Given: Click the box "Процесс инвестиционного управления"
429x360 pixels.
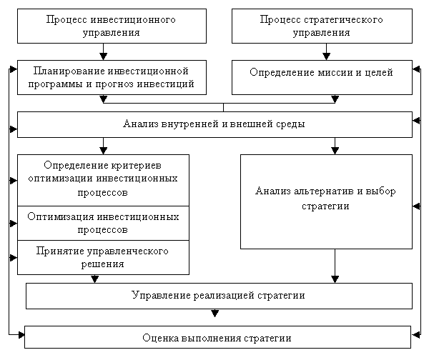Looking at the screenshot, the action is point(112,26).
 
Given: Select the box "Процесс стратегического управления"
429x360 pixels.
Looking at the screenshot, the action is point(322,26).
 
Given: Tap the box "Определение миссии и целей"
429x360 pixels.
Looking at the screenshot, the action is point(322,77).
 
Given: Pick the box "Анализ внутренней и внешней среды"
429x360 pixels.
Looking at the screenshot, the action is point(214,124).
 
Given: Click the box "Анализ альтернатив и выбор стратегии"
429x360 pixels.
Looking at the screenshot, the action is point(327,201).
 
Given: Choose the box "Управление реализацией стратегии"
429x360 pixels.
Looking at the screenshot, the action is point(220,296).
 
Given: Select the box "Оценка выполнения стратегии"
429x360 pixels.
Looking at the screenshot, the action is point(218,337).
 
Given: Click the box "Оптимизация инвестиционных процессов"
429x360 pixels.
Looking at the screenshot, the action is point(103,224).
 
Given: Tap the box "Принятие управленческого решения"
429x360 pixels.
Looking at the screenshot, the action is point(103,257).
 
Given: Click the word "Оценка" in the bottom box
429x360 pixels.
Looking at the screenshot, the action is point(159,338).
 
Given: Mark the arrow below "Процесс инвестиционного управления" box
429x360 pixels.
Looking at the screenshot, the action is point(103,51).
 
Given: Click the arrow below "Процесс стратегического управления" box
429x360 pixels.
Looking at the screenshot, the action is point(327,51).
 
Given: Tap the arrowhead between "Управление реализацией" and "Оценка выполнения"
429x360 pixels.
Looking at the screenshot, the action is point(214,314).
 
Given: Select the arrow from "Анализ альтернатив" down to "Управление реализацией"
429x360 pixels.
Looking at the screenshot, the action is point(335,266).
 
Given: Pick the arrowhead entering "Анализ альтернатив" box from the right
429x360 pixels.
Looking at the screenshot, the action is point(416,206).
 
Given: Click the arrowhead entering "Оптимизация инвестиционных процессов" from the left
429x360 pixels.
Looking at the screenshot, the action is point(14,224).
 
